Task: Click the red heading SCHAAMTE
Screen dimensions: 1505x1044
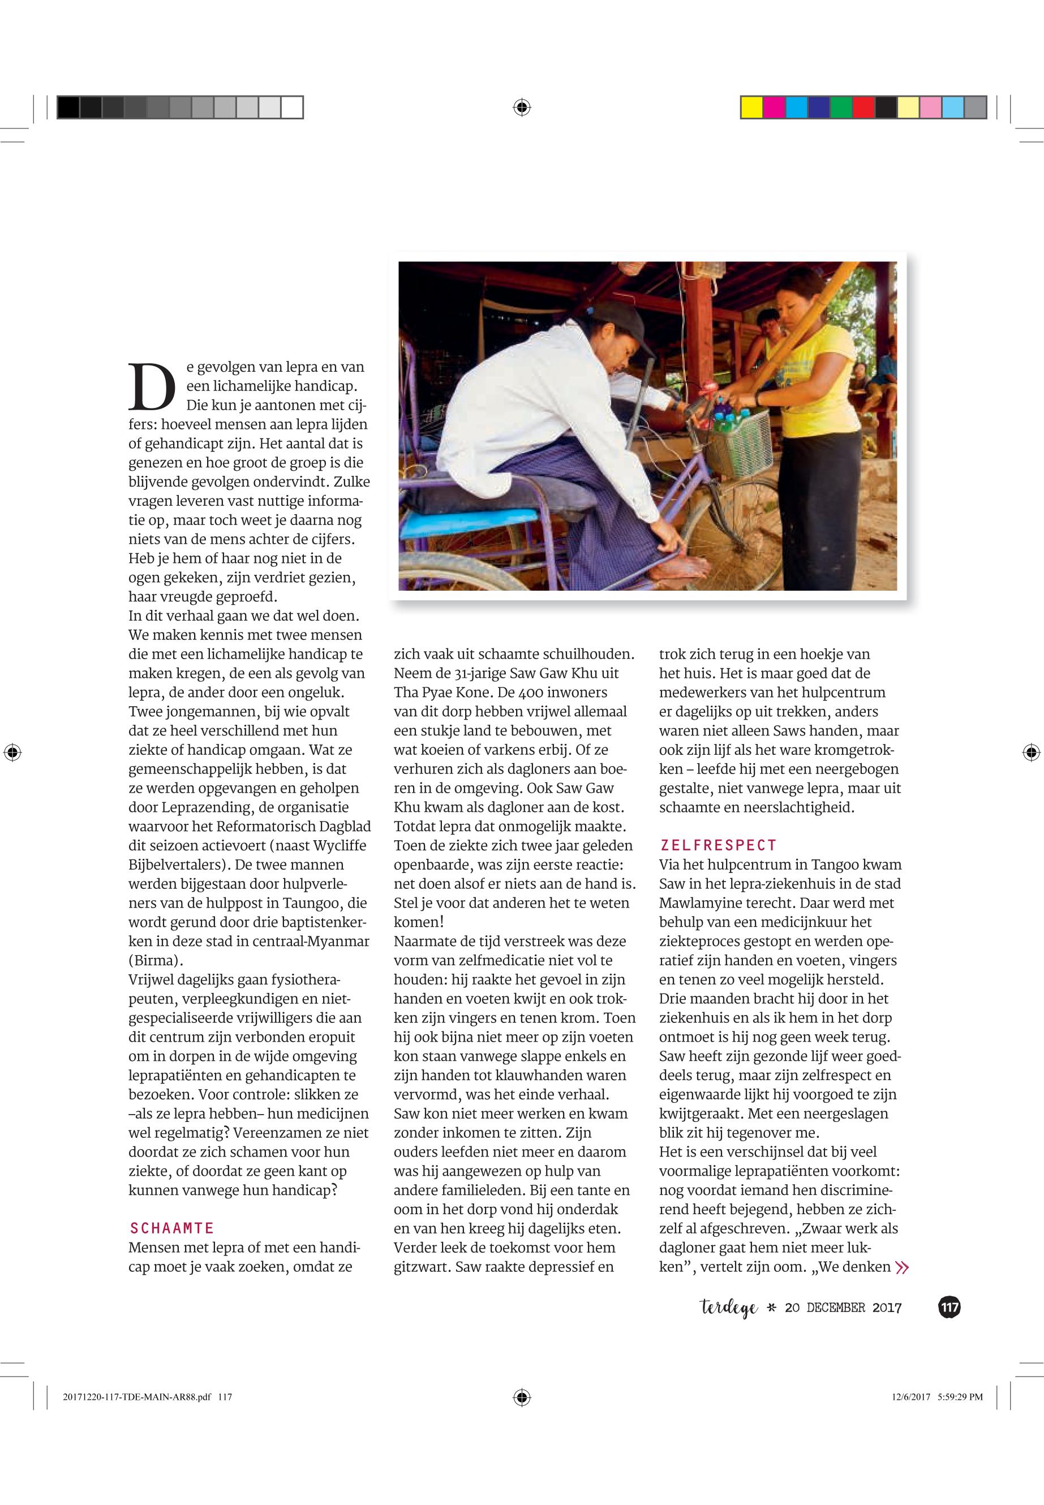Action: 171,1228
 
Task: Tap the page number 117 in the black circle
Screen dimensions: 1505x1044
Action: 949,1308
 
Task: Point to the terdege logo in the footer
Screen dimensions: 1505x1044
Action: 729,1308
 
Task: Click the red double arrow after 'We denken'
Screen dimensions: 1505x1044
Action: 902,1267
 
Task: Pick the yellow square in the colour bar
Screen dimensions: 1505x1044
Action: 751,107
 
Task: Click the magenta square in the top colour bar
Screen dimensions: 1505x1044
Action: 774,107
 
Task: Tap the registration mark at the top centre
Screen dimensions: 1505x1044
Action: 521,107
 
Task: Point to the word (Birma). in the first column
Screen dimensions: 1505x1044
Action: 156,961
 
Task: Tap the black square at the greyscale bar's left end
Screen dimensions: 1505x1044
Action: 68,107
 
